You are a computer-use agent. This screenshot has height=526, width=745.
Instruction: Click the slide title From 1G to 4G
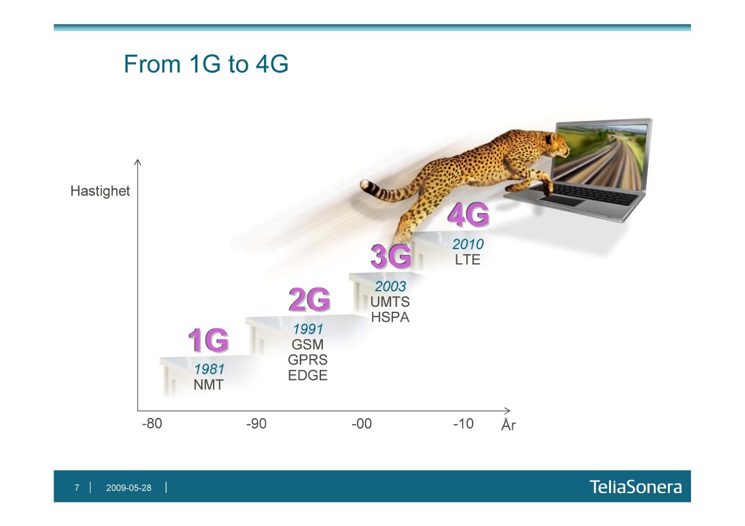pyautogui.click(x=205, y=65)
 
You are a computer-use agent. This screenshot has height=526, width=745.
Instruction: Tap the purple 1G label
pyautogui.click(x=209, y=341)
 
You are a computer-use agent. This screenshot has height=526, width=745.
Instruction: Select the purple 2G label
pyautogui.click(x=309, y=301)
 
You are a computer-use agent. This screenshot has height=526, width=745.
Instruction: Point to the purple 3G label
pyautogui.click(x=391, y=257)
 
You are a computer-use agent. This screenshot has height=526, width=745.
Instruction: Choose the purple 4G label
pyautogui.click(x=467, y=215)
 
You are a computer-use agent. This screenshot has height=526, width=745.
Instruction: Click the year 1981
pyautogui.click(x=209, y=370)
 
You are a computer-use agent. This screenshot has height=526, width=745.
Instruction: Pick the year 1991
pyautogui.click(x=308, y=329)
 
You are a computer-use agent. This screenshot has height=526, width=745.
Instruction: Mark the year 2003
pyautogui.click(x=390, y=287)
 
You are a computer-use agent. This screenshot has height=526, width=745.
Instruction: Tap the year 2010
pyautogui.click(x=467, y=245)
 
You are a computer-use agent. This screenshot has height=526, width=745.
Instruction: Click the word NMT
pyautogui.click(x=208, y=385)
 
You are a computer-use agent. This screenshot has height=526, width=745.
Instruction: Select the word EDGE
pyautogui.click(x=308, y=376)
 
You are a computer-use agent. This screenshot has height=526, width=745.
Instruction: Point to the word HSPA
pyautogui.click(x=390, y=317)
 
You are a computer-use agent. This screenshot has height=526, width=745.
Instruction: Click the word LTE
pyautogui.click(x=467, y=260)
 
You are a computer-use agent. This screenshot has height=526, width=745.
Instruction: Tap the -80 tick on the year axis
pyautogui.click(x=152, y=424)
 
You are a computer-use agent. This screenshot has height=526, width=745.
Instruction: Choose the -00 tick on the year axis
pyautogui.click(x=361, y=424)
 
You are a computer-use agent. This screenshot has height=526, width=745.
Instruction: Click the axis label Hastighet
pyautogui.click(x=100, y=191)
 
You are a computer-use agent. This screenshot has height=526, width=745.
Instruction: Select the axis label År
pyautogui.click(x=508, y=426)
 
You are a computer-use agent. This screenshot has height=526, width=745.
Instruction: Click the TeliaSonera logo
pyautogui.click(x=635, y=487)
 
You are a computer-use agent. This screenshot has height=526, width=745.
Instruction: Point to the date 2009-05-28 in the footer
pyautogui.click(x=129, y=488)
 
